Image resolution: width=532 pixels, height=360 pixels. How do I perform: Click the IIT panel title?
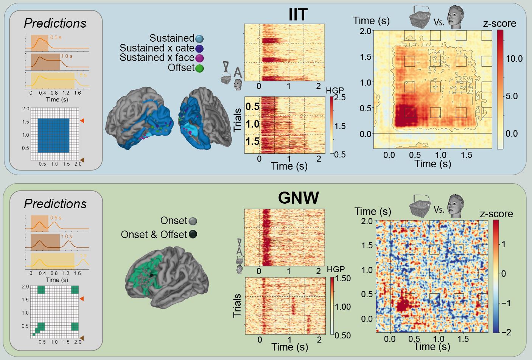pyautogui.click(x=298, y=15)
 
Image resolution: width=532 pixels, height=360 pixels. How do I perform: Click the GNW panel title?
pyautogui.click(x=298, y=198)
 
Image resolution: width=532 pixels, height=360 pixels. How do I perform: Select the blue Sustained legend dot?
pyautogui.click(x=199, y=39)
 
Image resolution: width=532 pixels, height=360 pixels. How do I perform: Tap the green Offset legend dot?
pyautogui.click(x=199, y=68)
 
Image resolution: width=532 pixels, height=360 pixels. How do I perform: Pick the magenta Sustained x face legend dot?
pyautogui.click(x=199, y=58)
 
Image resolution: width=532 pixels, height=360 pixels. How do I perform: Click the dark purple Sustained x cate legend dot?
pyautogui.click(x=199, y=48)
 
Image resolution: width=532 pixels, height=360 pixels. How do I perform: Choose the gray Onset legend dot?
pyautogui.click(x=193, y=221)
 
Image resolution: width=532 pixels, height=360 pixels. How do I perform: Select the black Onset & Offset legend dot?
pyautogui.click(x=193, y=235)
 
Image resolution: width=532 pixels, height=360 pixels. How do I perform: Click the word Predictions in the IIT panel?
pyautogui.click(x=55, y=23)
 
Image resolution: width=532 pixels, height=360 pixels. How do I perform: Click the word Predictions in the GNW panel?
pyautogui.click(x=55, y=204)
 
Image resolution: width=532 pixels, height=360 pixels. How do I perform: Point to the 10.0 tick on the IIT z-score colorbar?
pyautogui.click(x=514, y=59)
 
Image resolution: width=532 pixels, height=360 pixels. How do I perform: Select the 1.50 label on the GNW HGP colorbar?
pyautogui.click(x=343, y=278)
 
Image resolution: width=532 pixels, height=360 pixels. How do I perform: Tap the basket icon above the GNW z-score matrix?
pyautogui.click(x=420, y=206)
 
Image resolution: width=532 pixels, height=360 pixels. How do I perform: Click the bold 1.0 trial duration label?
pyautogui.click(x=252, y=124)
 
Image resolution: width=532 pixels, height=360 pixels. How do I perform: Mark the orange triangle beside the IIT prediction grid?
pyautogui.click(x=82, y=120)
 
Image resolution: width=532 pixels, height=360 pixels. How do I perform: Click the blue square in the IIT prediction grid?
pyautogui.click(x=53, y=136)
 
